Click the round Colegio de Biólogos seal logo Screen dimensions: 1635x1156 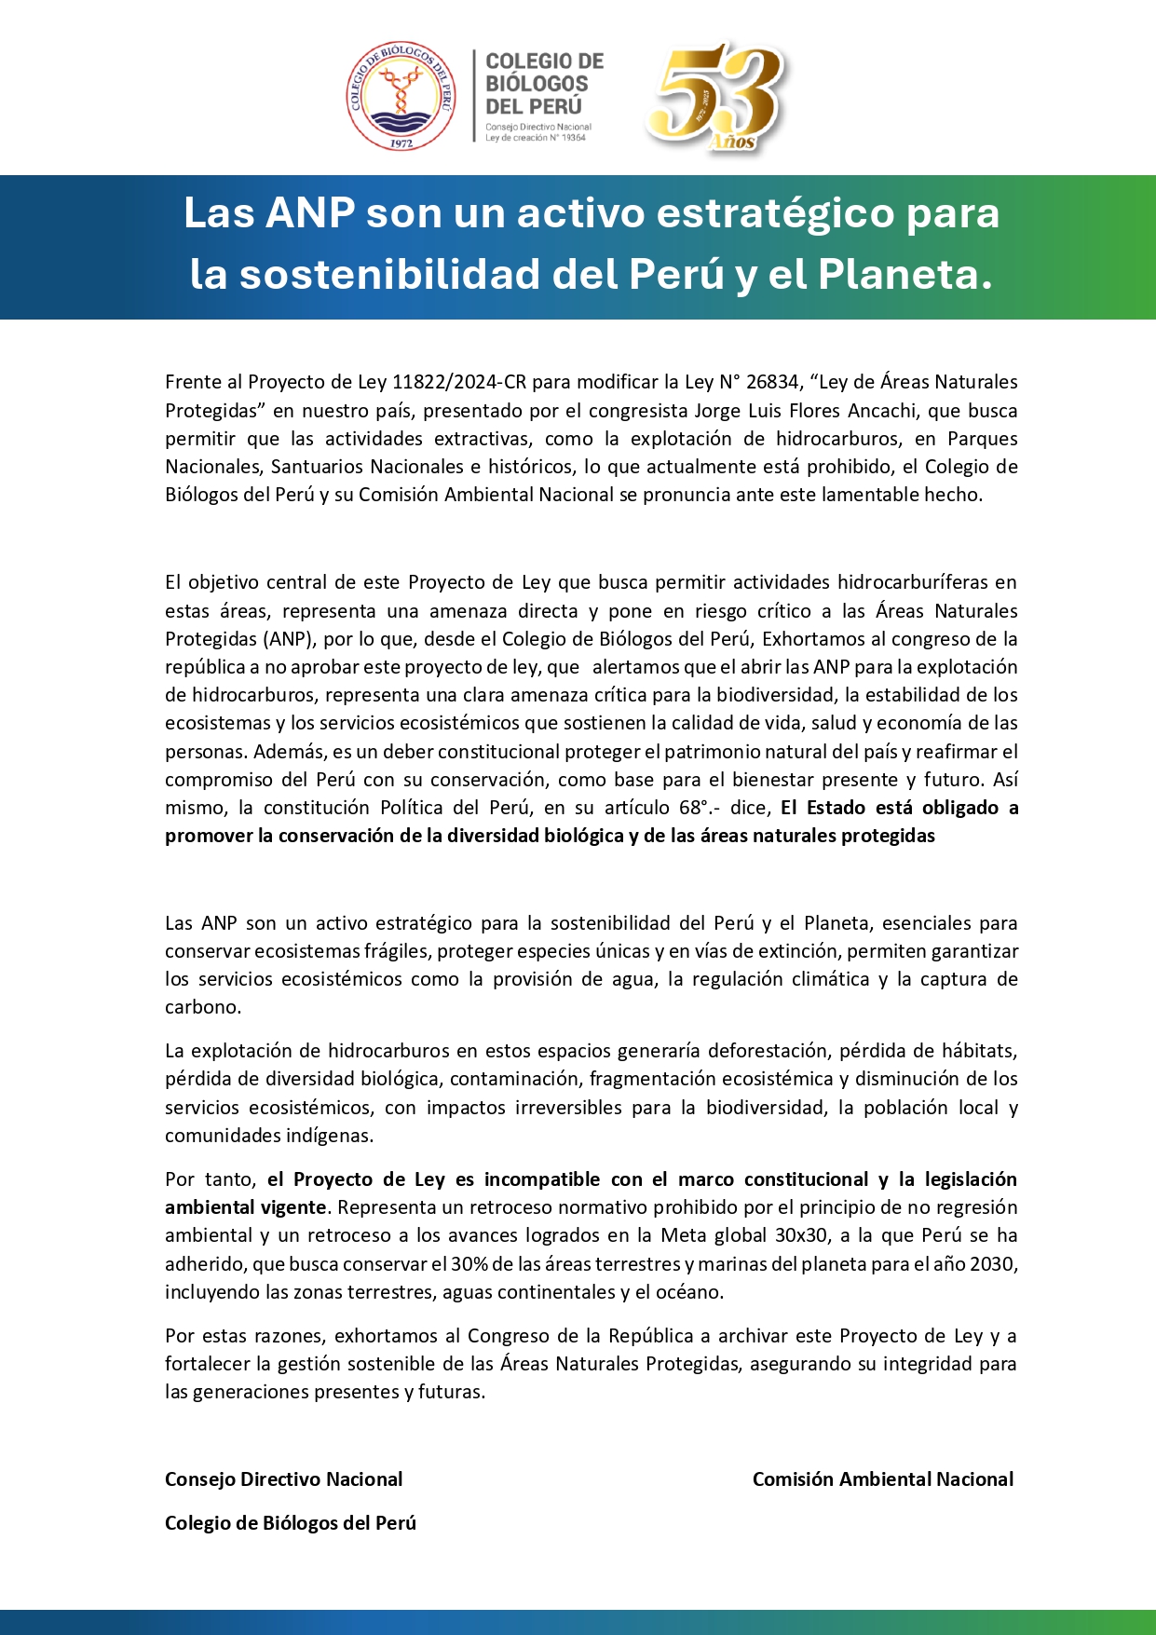pyautogui.click(x=401, y=96)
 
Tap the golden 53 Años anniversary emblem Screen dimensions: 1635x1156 pyautogui.click(x=718, y=96)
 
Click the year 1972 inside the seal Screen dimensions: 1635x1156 pyautogui.click(x=401, y=143)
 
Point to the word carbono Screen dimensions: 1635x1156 pyautogui.click(x=202, y=1007)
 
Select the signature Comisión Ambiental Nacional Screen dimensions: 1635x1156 pyautogui.click(x=882, y=1479)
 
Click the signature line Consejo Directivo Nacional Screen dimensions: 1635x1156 pyautogui.click(x=284, y=1479)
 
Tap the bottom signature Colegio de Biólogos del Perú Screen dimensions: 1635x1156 pyautogui.click(x=291, y=1523)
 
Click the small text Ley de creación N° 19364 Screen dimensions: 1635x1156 pyautogui.click(x=536, y=138)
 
